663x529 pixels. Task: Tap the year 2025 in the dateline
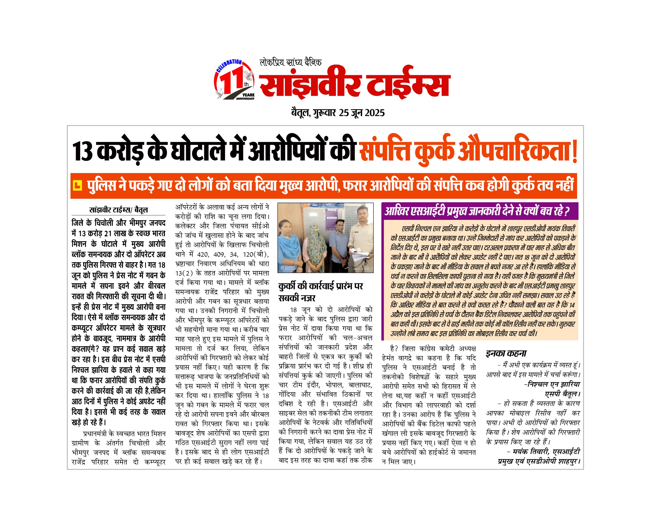pyautogui.click(x=375, y=113)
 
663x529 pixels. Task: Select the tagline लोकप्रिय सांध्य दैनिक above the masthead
pyautogui.click(x=291, y=62)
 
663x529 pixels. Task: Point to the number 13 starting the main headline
pyautogui.click(x=82, y=151)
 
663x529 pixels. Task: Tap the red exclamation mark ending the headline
pyautogui.click(x=574, y=151)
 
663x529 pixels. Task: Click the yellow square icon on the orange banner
pyautogui.click(x=77, y=185)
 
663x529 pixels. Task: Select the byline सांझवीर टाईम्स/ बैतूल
pyautogui.click(x=118, y=210)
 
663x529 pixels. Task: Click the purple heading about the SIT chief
pyautogui.click(x=477, y=211)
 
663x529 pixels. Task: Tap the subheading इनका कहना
pyautogui.click(x=506, y=353)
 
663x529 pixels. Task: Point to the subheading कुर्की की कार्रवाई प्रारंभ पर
pyautogui.click(x=321, y=286)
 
